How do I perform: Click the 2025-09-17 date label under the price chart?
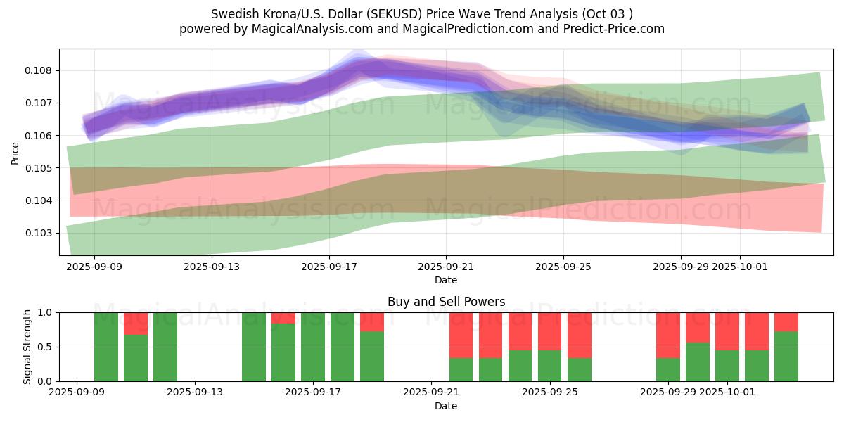(x=328, y=267)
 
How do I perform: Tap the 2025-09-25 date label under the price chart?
(x=563, y=267)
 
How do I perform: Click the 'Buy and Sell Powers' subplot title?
(x=446, y=302)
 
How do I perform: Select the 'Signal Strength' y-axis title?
(x=28, y=346)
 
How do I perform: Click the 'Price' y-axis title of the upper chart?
(x=15, y=152)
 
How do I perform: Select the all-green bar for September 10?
(x=106, y=347)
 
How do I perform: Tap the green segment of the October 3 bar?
(x=786, y=356)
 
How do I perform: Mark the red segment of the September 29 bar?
(x=668, y=335)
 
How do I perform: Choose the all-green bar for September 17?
(x=313, y=347)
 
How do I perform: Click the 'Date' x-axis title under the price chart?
(x=446, y=280)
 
